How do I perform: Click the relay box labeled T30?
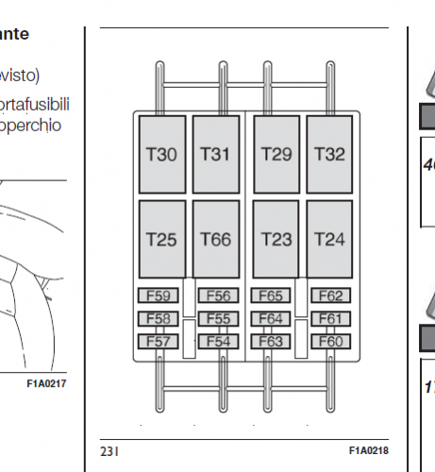(162, 154)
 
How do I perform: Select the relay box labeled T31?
(216, 154)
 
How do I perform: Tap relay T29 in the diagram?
(276, 154)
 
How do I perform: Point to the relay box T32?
(329, 154)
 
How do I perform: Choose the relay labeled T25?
(162, 239)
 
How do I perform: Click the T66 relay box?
(216, 239)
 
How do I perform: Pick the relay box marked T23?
(276, 239)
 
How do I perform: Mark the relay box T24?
(329, 239)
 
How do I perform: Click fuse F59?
(159, 296)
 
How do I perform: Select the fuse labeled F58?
(159, 319)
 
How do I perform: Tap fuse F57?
(159, 341)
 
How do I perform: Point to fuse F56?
(218, 296)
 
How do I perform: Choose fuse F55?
(218, 319)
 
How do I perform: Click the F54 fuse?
(218, 341)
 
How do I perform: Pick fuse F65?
(271, 296)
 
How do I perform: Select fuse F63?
(271, 341)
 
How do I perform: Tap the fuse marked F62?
(331, 296)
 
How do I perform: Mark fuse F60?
(331, 341)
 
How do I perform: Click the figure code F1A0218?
(369, 451)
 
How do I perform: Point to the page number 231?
(109, 452)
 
